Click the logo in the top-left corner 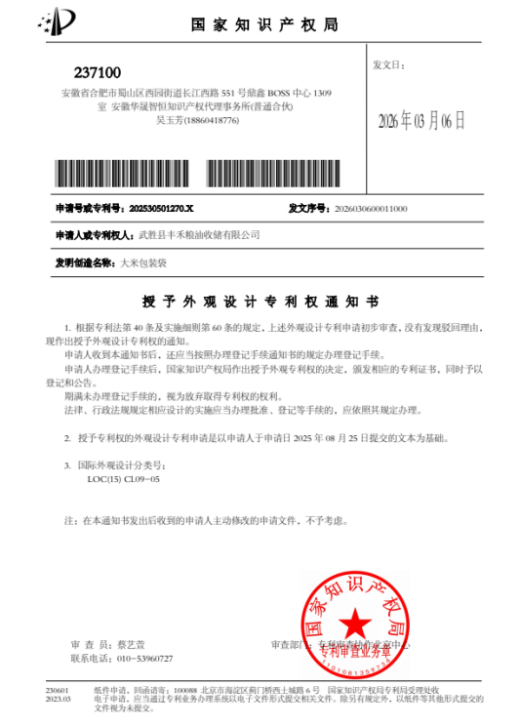pyautogui.click(x=61, y=20)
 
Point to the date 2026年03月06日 pyautogui.click(x=422, y=122)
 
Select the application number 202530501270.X pyautogui.click(x=162, y=209)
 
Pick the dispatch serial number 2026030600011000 pyautogui.click(x=371, y=209)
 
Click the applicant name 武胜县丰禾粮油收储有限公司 pyautogui.click(x=201, y=235)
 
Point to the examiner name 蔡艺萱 pyautogui.click(x=130, y=646)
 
